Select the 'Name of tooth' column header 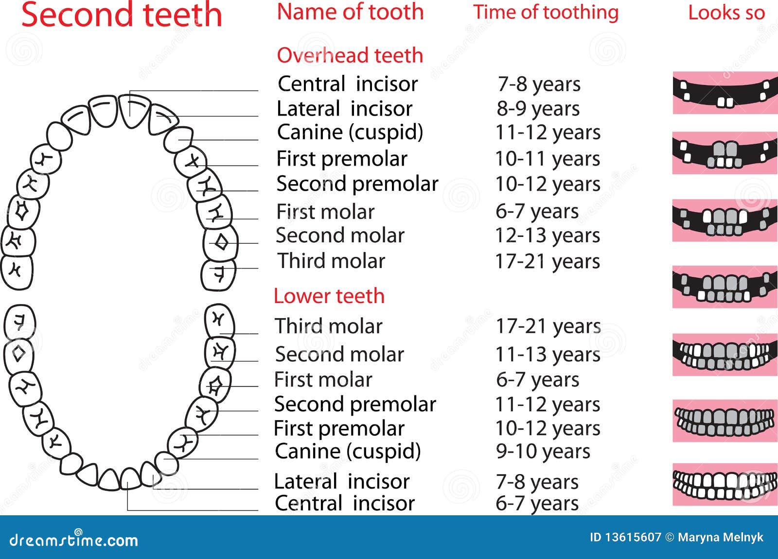pos(351,12)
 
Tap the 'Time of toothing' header pos(546,13)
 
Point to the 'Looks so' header pos(726,13)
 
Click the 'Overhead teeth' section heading pos(350,55)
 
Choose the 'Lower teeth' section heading pos(329,296)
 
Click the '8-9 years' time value pos(538,109)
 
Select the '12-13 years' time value pos(548,236)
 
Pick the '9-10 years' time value pos(543,452)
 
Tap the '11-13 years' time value pos(548,355)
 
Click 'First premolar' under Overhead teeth pos(342,159)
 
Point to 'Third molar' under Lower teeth pos(328,326)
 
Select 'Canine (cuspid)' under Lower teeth pos(348,452)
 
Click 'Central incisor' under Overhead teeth pos(348,84)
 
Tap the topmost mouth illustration pos(725,93)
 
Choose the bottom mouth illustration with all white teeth pos(725,484)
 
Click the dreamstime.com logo pos(73,540)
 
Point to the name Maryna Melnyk pos(720,537)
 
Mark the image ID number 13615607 pos(633,537)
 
